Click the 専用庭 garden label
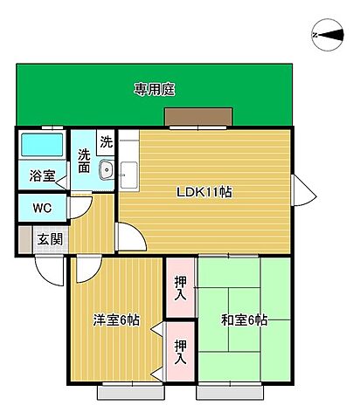[155, 89]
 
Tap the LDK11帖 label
[204, 192]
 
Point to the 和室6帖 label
[245, 320]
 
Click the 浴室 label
[41, 175]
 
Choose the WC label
[42, 209]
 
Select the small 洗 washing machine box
[106, 141]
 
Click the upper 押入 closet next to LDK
[180, 288]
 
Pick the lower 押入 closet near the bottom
[180, 352]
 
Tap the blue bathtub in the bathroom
[42, 144]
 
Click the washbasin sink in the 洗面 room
[107, 171]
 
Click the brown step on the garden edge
[199, 118]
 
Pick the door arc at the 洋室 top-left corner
[85, 269]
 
